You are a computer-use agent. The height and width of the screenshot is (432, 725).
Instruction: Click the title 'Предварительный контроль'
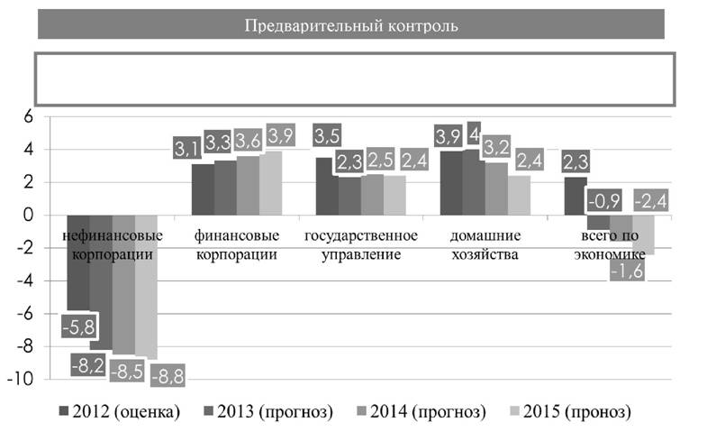point(351,25)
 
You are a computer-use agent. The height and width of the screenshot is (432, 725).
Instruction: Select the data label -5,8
point(79,326)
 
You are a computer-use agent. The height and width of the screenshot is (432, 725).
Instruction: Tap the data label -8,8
point(168,376)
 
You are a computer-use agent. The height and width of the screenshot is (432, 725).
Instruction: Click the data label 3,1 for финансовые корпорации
point(187,148)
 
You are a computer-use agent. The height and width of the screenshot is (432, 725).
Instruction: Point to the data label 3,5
point(327,135)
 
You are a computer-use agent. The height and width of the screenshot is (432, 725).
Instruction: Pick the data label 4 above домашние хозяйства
point(474,134)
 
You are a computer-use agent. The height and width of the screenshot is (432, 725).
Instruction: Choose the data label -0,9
point(604,200)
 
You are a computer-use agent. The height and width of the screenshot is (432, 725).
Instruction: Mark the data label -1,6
point(627,270)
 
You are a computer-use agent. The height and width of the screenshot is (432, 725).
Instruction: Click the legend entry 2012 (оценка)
point(119,411)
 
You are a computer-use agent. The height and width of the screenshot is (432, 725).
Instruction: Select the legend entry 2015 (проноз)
point(571,411)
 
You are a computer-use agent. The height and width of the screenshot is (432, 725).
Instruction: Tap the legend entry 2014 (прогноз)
point(421,411)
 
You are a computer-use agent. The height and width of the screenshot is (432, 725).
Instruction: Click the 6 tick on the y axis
point(29,116)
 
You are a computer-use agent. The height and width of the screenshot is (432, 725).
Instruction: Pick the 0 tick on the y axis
point(29,216)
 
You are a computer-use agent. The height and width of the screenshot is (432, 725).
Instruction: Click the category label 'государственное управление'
point(361,245)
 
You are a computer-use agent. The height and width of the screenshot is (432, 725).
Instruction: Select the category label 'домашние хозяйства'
point(485,245)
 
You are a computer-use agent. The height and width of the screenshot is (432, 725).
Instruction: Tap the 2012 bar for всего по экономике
point(575,197)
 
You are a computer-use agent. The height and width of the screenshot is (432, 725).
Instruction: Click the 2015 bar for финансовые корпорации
point(270,183)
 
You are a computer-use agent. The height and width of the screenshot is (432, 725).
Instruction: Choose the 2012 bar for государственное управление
point(327,187)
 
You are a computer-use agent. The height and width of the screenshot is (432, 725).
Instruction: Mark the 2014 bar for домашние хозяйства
point(496,188)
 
